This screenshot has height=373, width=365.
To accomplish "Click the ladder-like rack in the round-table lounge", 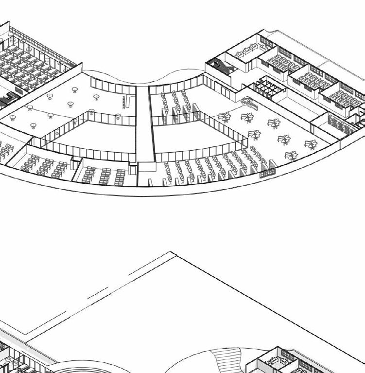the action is point(124,102).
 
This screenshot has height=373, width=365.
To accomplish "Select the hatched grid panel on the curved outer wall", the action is point(268,169).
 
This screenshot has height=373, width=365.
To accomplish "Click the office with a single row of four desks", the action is point(253,49).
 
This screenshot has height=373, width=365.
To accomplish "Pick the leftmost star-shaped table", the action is point(224,117).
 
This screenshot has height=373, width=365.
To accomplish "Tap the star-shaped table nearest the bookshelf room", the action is point(311,144).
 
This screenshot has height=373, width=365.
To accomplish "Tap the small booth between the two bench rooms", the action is point(76,164).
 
